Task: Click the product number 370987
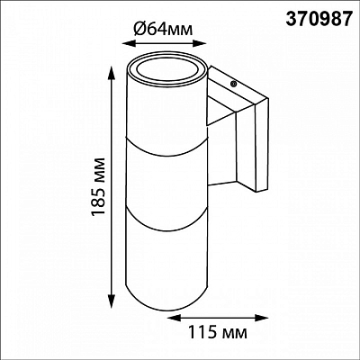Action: pos(318,18)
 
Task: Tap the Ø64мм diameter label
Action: pos(162,29)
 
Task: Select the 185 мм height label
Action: pos(98,185)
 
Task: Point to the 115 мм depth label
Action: pos(218,332)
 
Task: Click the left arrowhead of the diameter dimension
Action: pos(129,44)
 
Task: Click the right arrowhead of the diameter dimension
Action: pos(200,44)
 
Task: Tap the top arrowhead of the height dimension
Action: pos(111,73)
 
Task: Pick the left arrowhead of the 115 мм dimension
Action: pos(172,317)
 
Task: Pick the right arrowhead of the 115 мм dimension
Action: pos(262,317)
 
